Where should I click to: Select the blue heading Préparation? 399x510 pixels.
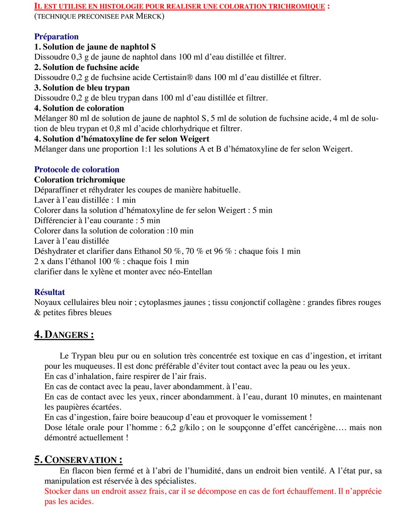[x=56, y=37]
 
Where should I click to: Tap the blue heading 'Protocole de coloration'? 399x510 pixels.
[x=77, y=170]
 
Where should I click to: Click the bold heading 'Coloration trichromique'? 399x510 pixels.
[x=79, y=180]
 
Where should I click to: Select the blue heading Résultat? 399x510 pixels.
[x=50, y=292]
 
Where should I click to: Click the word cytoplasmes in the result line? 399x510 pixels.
[x=160, y=302]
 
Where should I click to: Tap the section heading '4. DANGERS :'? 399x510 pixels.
[x=64, y=335]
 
